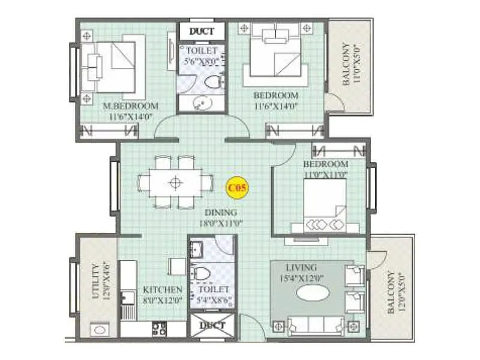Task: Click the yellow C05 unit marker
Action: (236, 188)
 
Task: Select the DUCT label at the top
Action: (201, 31)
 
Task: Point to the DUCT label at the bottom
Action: (212, 326)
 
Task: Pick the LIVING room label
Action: (301, 266)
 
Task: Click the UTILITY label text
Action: (95, 281)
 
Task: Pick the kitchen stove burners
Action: (160, 328)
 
